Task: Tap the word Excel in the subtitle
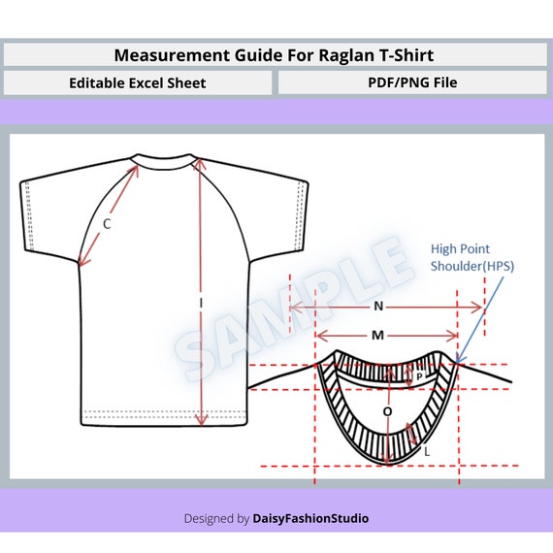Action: pyautogui.click(x=146, y=83)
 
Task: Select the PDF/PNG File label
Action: pyautogui.click(x=412, y=82)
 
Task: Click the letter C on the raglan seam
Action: pyautogui.click(x=107, y=223)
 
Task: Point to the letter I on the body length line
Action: pyautogui.click(x=201, y=303)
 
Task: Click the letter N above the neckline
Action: pyautogui.click(x=378, y=306)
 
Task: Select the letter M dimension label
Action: pyautogui.click(x=377, y=335)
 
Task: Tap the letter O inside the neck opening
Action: pyautogui.click(x=387, y=411)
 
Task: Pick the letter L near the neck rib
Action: pyautogui.click(x=427, y=451)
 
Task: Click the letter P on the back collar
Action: pyautogui.click(x=419, y=376)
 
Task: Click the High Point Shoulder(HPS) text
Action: pyautogui.click(x=472, y=257)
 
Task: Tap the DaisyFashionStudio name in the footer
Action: pyautogui.click(x=310, y=518)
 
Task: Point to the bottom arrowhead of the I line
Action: pyautogui.click(x=201, y=421)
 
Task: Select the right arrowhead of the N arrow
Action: pyautogui.click(x=478, y=308)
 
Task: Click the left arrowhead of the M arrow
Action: pyautogui.click(x=320, y=336)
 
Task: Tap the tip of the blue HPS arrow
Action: pyautogui.click(x=457, y=362)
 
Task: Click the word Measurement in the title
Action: pyautogui.click(x=172, y=55)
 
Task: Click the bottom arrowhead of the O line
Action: pyautogui.click(x=388, y=461)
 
